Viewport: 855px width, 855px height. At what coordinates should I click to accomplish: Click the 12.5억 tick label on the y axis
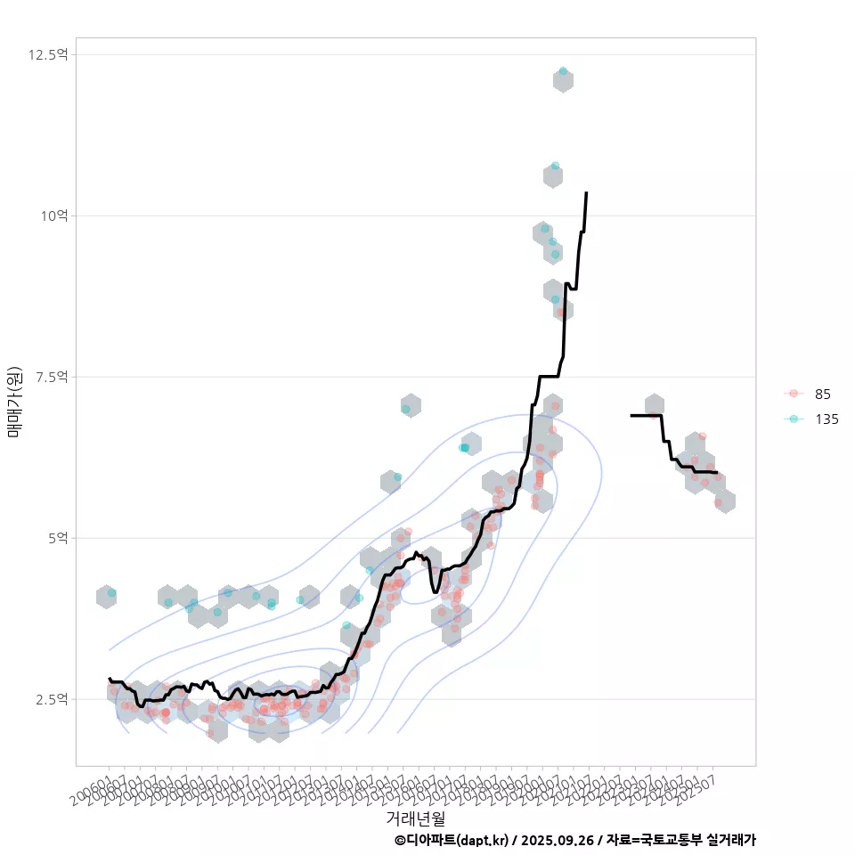pyautogui.click(x=47, y=54)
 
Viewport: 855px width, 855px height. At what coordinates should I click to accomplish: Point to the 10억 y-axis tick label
pyautogui.click(x=54, y=216)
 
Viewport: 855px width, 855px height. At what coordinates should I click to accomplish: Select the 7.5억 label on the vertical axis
pyautogui.click(x=51, y=377)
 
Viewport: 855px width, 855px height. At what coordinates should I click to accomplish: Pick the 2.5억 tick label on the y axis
pyautogui.click(x=51, y=699)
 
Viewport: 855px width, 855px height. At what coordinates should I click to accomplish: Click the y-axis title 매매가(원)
pyautogui.click(x=14, y=402)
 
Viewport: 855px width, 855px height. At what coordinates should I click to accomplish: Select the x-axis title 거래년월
pyautogui.click(x=415, y=818)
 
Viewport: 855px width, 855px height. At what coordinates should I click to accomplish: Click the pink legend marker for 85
pyautogui.click(x=794, y=394)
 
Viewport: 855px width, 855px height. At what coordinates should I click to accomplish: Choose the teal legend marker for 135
pyautogui.click(x=794, y=419)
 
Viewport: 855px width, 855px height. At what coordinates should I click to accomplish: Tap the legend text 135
pyautogui.click(x=826, y=419)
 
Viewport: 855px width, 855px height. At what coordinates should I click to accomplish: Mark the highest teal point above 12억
pyautogui.click(x=563, y=71)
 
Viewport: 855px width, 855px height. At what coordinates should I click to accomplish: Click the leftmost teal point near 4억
pyautogui.click(x=111, y=592)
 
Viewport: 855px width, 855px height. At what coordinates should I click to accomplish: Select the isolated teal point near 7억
pyautogui.click(x=406, y=409)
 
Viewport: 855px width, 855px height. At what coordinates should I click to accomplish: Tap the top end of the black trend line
pyautogui.click(x=586, y=192)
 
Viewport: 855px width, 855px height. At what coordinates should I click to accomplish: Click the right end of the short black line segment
pyautogui.click(x=716, y=472)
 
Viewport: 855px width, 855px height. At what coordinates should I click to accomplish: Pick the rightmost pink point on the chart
pyautogui.click(x=719, y=502)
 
